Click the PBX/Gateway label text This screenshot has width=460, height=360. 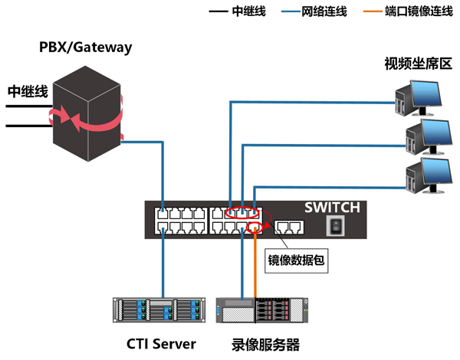tap(86, 47)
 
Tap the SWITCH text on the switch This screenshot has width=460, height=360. tap(331, 208)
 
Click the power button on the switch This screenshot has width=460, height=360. tap(334, 225)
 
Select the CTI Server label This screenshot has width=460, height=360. tap(162, 342)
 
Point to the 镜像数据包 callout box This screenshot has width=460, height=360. tap(297, 260)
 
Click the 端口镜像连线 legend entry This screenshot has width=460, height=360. tap(406, 12)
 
